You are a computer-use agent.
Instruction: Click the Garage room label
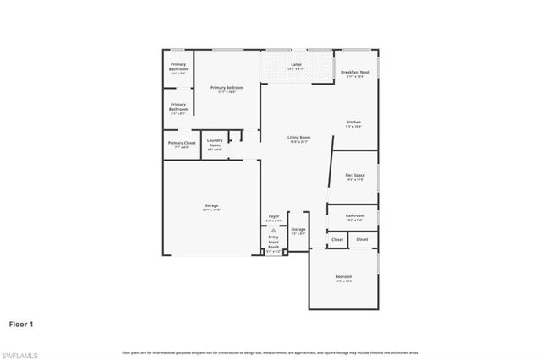click(x=211, y=205)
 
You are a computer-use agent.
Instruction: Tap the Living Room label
click(x=298, y=139)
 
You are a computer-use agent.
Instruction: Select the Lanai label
click(x=296, y=66)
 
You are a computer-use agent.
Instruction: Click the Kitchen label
click(x=353, y=123)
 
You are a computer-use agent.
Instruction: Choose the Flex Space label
click(x=353, y=177)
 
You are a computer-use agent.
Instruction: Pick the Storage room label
click(x=298, y=230)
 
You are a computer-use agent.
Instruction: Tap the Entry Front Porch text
click(x=274, y=241)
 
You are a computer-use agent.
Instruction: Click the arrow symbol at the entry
click(x=274, y=229)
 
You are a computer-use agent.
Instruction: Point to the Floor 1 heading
click(x=23, y=323)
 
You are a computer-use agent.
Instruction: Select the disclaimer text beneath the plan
click(x=270, y=352)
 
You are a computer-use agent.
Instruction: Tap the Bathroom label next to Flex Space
click(x=355, y=216)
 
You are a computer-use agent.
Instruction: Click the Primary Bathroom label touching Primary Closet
click(x=178, y=107)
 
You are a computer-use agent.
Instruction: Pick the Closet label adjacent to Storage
click(x=337, y=240)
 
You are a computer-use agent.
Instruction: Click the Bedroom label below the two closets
click(x=343, y=278)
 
